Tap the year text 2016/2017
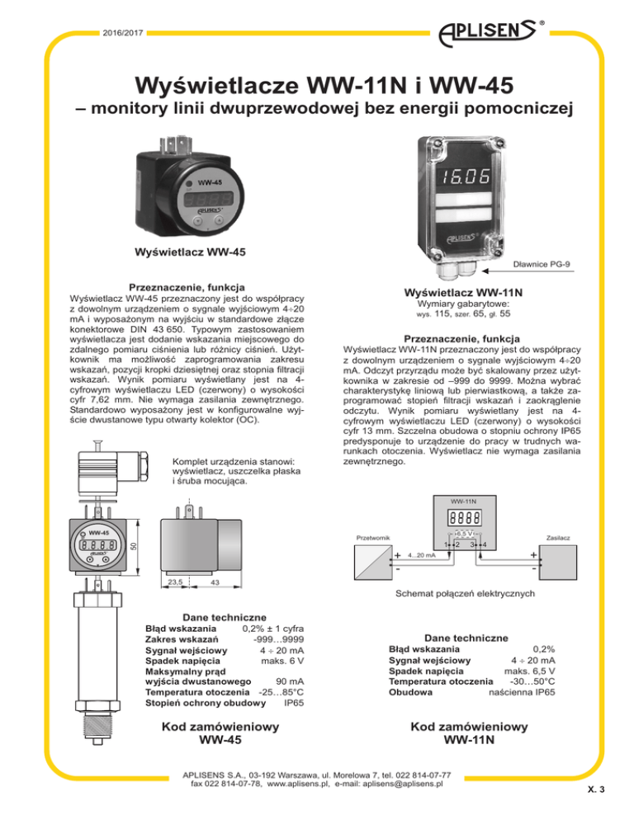pyautogui.click(x=121, y=34)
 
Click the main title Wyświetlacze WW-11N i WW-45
pyautogui.click(x=317, y=86)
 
